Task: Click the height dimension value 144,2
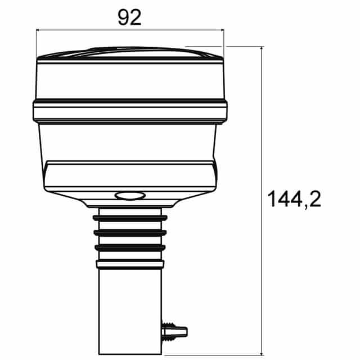(x=294, y=199)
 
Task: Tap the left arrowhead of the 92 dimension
(x=39, y=31)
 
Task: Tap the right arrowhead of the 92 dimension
(x=220, y=31)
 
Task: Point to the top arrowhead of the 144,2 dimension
(x=262, y=51)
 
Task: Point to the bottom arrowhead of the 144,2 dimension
(x=262, y=351)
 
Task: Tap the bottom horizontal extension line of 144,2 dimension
(x=225, y=354)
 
